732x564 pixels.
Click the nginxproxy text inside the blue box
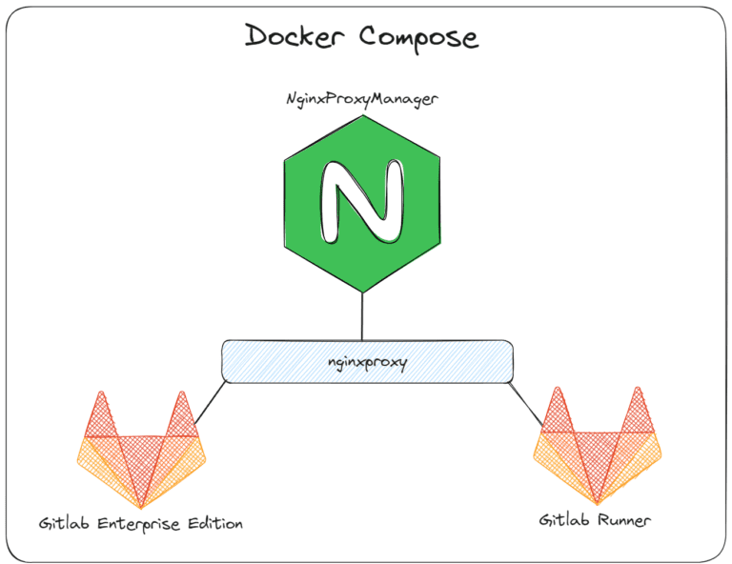click(366, 362)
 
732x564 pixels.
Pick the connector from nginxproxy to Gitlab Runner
click(524, 400)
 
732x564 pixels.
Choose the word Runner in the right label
click(624, 520)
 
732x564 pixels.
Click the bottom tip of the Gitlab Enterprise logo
click(141, 505)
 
